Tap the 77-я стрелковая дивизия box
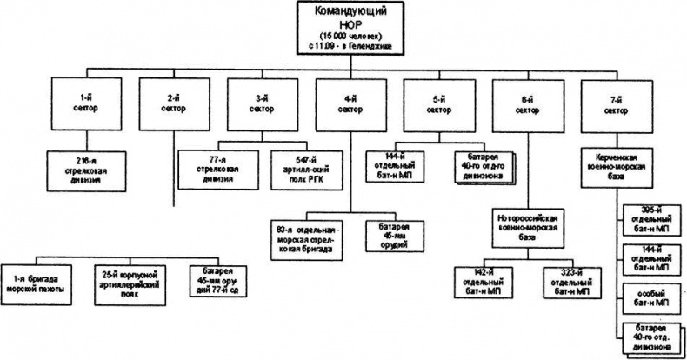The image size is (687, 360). [212, 164]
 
